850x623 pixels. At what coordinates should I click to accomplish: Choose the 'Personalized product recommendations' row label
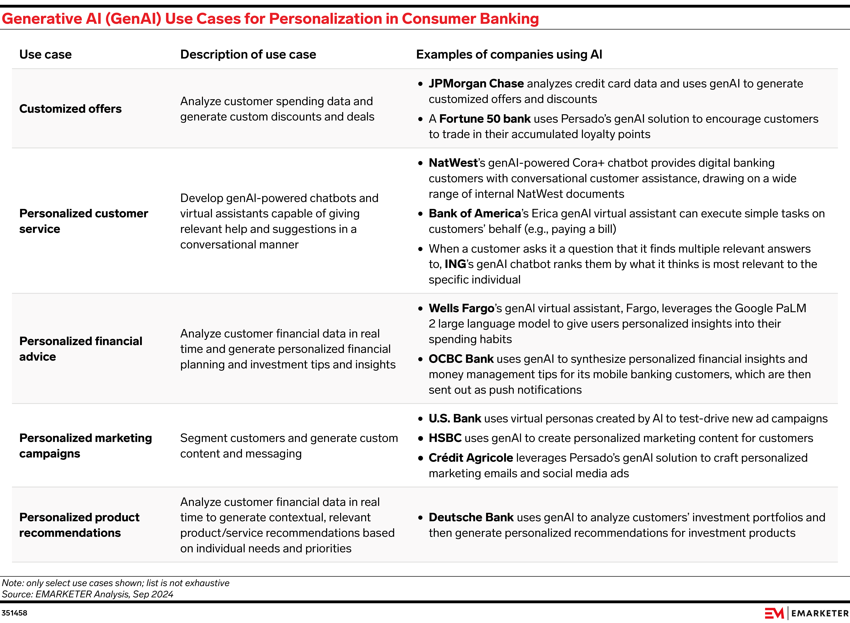(79, 525)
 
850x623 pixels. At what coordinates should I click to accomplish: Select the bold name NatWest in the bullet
(453, 163)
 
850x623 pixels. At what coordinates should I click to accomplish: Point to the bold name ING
(455, 264)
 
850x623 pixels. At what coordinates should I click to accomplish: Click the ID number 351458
(14, 613)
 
